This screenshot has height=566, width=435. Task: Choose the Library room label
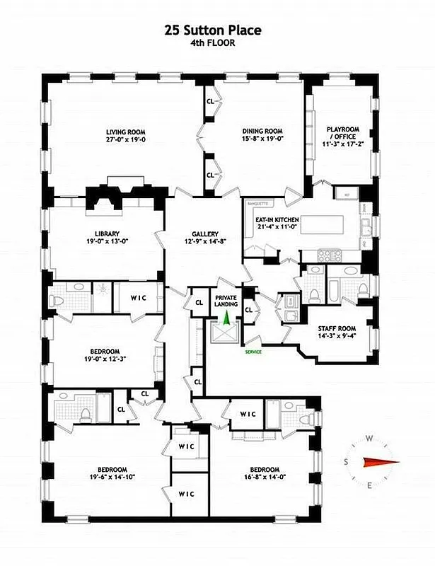pyautogui.click(x=107, y=237)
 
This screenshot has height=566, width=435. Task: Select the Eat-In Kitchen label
pyautogui.click(x=277, y=224)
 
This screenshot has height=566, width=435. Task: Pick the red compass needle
pyautogui.click(x=375, y=462)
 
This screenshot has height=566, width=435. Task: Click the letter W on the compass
pyautogui.click(x=369, y=439)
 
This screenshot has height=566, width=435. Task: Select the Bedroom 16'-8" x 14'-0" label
pyautogui.click(x=265, y=473)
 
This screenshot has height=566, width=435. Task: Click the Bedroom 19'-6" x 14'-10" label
pyautogui.click(x=112, y=473)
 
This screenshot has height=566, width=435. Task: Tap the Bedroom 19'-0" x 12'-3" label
pyautogui.click(x=104, y=354)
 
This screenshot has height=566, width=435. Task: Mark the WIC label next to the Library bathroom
pyautogui.click(x=139, y=297)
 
